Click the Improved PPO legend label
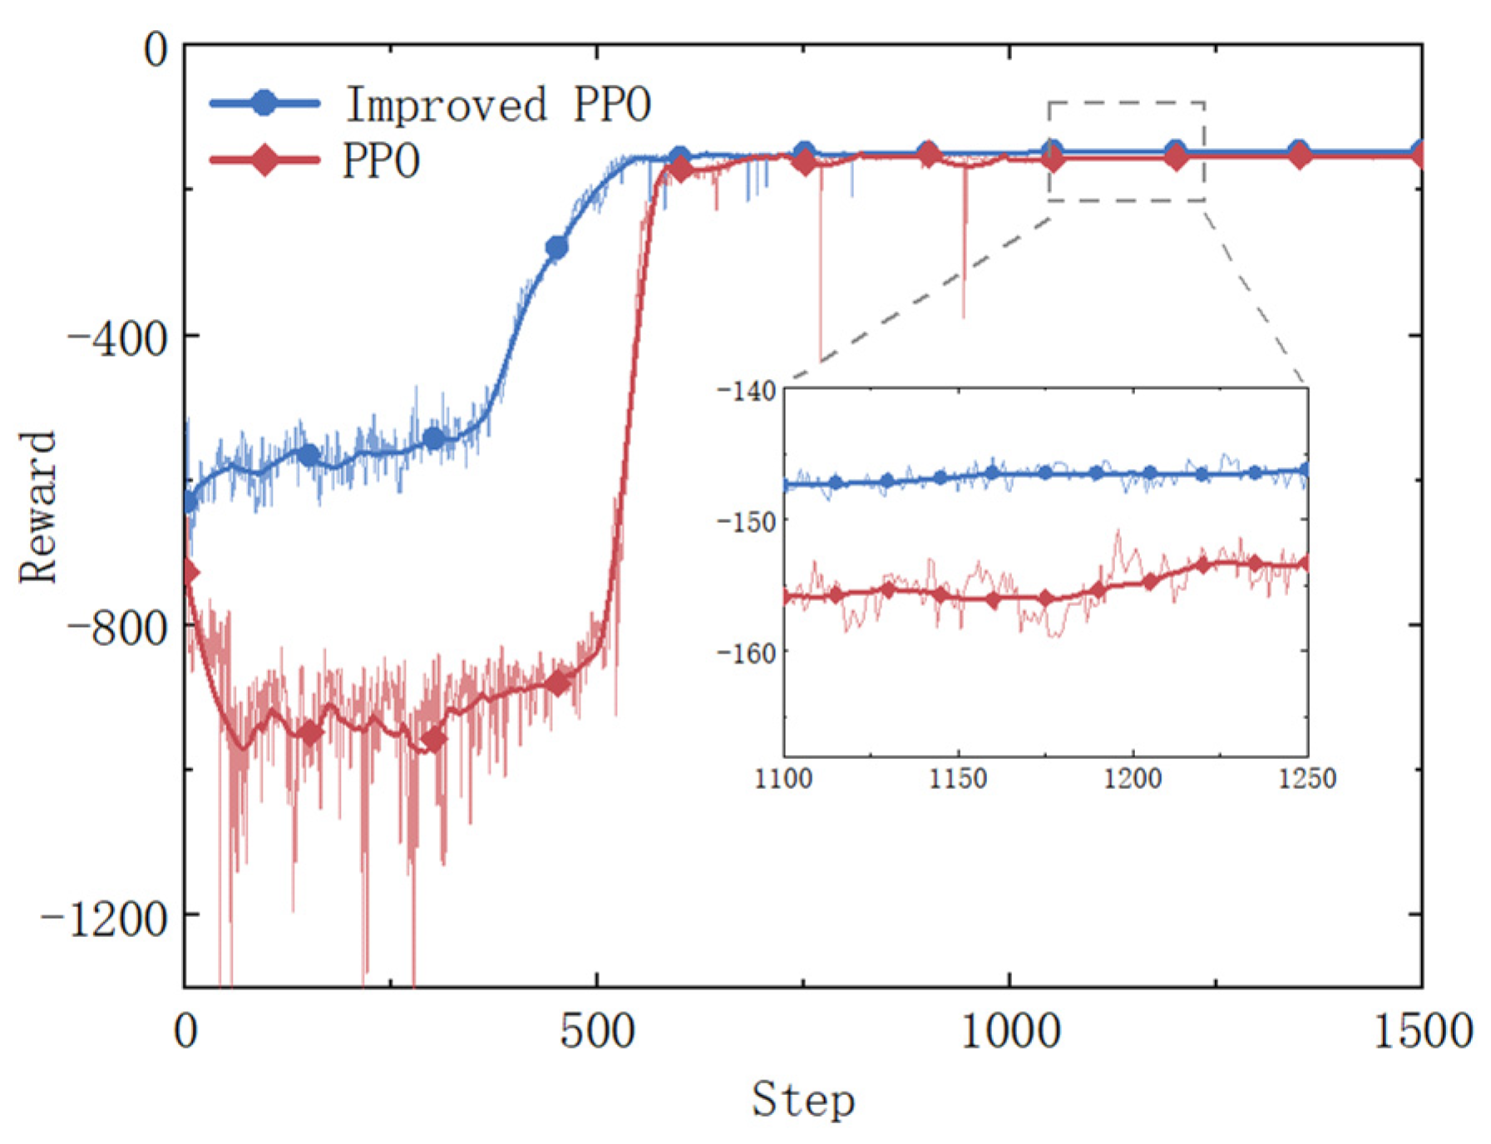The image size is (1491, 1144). pos(497,105)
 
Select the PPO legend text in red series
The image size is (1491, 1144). pos(381,160)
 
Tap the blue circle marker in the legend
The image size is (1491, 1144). pos(264,102)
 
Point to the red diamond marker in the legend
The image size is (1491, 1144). pos(264,160)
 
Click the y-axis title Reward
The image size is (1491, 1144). pos(37,507)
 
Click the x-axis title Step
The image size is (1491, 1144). pos(802,1101)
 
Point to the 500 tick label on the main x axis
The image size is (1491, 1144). pos(596,1032)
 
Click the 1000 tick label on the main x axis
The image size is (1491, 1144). pos(1010,1032)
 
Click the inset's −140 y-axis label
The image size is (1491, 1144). pos(746,391)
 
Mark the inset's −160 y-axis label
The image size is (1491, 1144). pos(746,653)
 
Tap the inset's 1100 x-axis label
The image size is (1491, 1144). pos(783,779)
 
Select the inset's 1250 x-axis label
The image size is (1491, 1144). pos(1307,779)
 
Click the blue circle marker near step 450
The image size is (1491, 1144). pos(556,248)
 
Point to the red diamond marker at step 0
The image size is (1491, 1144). pos(189,573)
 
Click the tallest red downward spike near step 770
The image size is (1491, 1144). pos(821,349)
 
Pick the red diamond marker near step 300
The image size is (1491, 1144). pos(432,738)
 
